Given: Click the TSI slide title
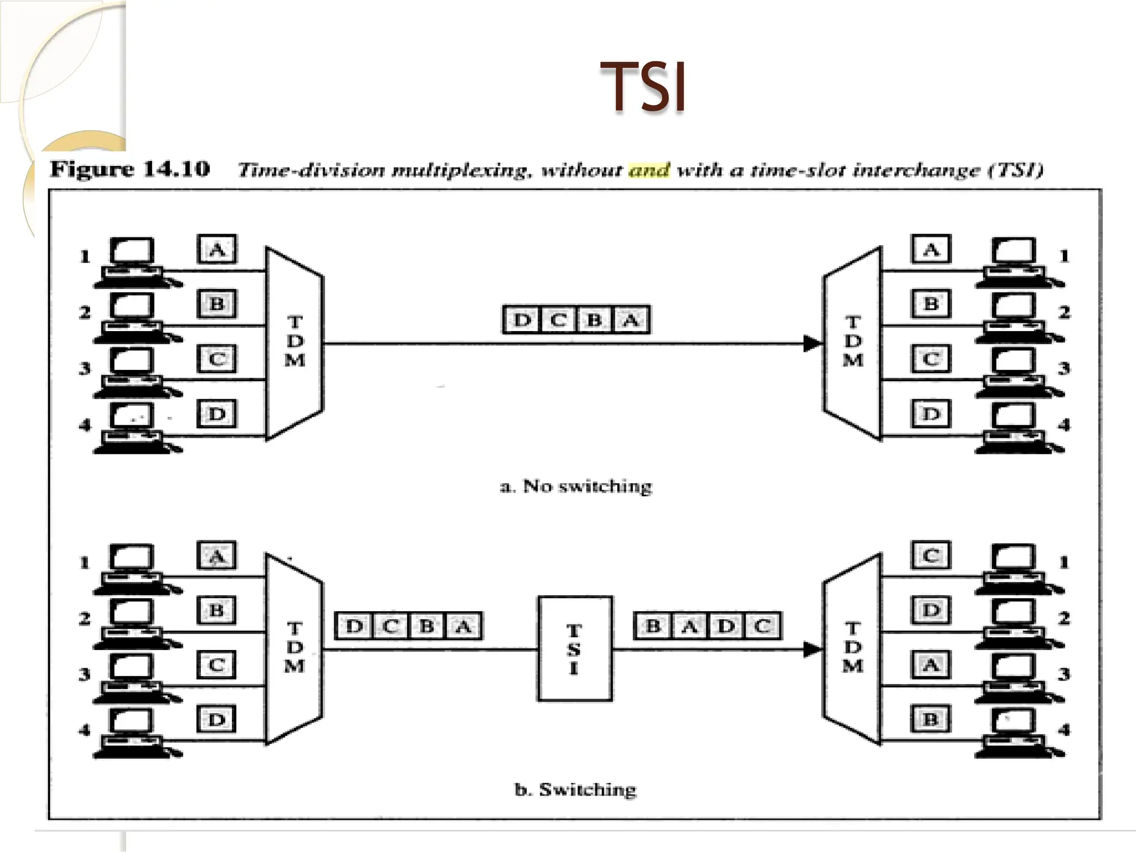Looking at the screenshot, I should coord(643,87).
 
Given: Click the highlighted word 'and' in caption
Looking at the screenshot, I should coord(648,169).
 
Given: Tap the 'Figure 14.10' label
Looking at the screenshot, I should coord(130,169).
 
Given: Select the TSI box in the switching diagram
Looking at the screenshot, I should coord(575,648).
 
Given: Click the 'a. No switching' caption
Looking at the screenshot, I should coord(576,486).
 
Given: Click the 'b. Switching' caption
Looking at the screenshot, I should coord(576,789).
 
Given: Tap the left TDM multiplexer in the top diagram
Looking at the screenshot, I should coord(294,342).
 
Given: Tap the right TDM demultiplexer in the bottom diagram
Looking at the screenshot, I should coord(853,648).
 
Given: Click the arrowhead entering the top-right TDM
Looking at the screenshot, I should coord(812,343).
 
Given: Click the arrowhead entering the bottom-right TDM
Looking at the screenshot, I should coord(812,649).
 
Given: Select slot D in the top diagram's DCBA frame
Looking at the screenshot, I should coord(521,320).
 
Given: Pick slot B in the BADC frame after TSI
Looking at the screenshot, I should coord(653,626).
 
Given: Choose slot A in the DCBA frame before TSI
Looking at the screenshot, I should coord(463,626).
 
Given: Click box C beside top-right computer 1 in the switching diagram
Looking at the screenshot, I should coord(931,555).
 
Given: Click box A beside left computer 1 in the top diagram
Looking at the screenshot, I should coord(217,249).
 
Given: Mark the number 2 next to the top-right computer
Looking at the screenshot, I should coord(1063,312).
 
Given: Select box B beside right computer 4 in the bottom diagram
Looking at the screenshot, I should coord(931,719).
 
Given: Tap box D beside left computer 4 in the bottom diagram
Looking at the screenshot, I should coord(217,719).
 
